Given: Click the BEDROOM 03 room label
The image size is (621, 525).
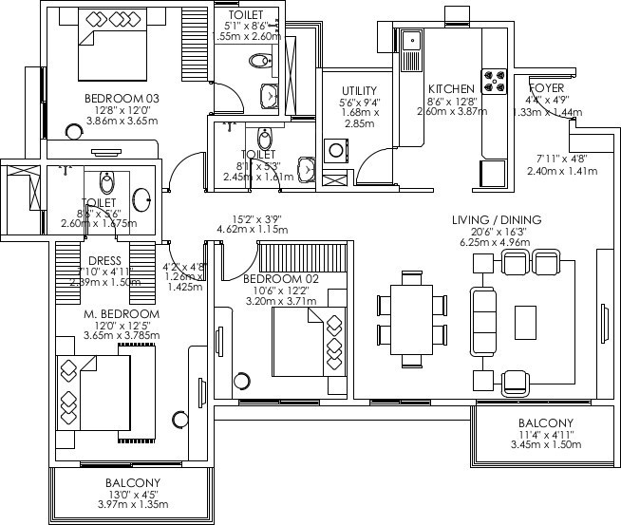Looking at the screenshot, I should [121, 99].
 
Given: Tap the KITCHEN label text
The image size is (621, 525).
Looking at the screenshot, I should [451, 89].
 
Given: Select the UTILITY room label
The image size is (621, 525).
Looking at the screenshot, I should [360, 90].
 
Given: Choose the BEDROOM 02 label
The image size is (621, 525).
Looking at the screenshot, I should [281, 279].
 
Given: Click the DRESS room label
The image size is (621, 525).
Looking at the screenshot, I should [103, 262].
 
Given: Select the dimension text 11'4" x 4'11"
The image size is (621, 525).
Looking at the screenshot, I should [545, 434].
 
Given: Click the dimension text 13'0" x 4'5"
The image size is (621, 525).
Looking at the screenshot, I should [132, 494].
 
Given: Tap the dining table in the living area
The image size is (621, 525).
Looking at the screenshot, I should [411, 320].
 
